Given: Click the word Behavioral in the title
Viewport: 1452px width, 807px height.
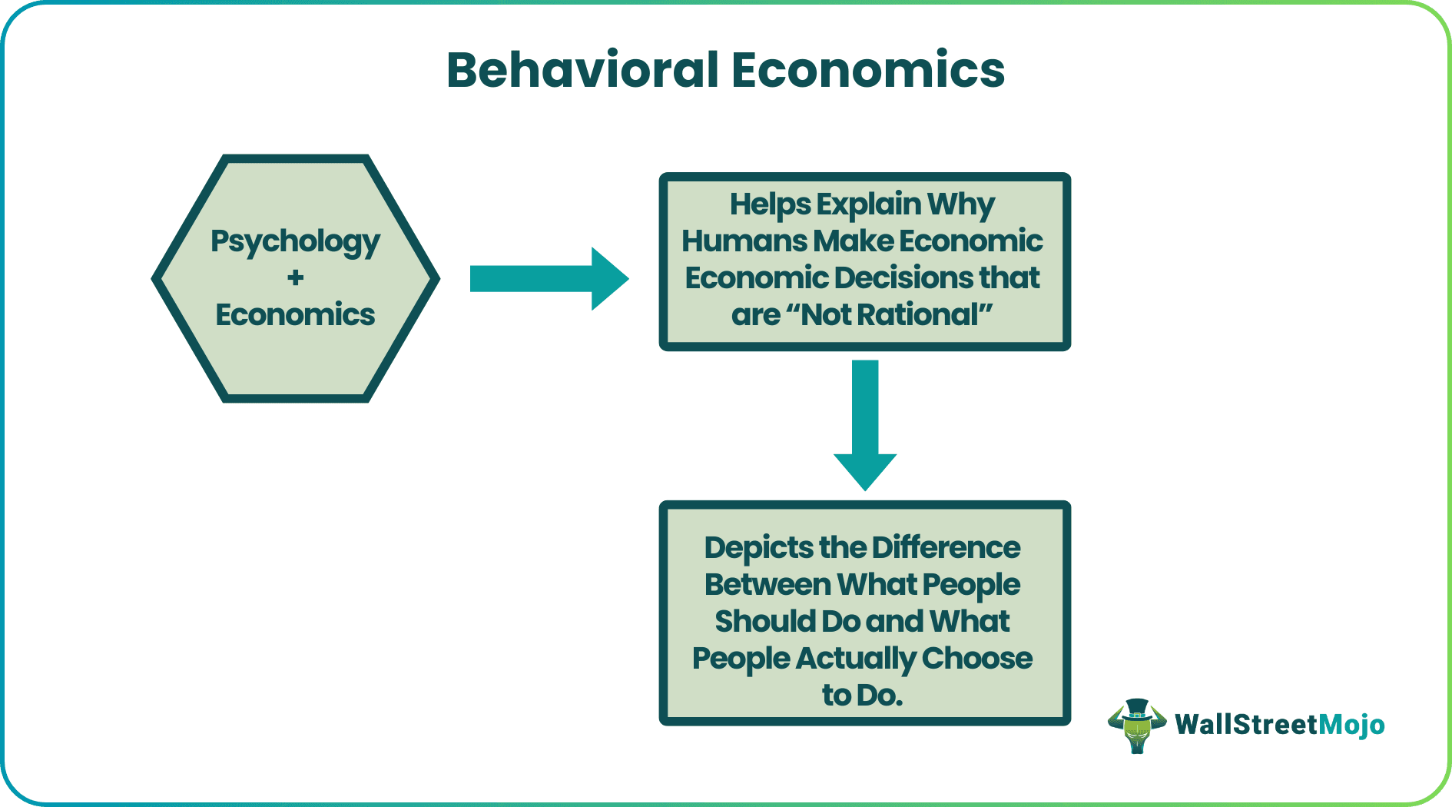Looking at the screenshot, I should [582, 70].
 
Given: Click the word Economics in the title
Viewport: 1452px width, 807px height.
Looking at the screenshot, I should [867, 70].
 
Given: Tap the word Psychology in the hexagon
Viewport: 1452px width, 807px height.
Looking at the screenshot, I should [295, 241].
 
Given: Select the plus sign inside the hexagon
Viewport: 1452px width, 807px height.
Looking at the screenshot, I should [295, 277].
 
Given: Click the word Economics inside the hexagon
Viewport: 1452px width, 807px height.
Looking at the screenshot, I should [295, 314].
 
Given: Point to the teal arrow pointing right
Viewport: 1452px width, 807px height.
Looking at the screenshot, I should [549, 278].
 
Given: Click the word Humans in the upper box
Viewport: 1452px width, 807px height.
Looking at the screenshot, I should [743, 241].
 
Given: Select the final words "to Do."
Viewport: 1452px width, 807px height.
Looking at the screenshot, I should [862, 696].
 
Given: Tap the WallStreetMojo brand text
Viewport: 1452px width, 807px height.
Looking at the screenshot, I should [1279, 725].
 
